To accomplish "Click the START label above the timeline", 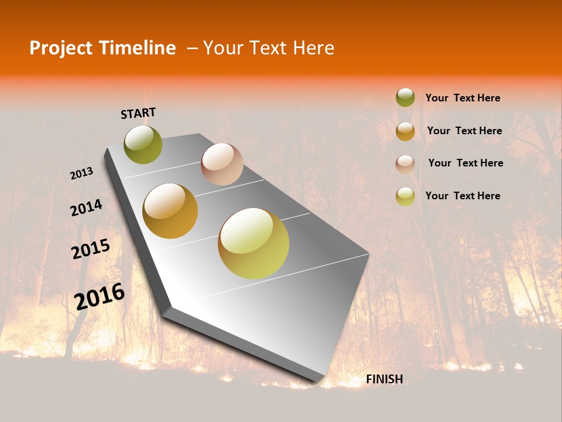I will [x=138, y=113].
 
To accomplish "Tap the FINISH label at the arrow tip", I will [x=385, y=379].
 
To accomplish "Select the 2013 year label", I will [x=81, y=173].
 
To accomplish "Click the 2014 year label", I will [x=86, y=207].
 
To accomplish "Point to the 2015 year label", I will [x=91, y=249].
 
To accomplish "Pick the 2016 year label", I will [x=100, y=296].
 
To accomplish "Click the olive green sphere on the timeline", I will [x=143, y=144].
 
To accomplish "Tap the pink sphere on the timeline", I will [x=222, y=164].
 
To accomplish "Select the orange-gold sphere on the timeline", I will [x=170, y=211].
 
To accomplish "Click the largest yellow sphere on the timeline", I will [x=253, y=243].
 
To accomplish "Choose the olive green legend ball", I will [x=405, y=97].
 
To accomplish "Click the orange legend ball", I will [x=405, y=131].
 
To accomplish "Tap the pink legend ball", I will [x=405, y=164].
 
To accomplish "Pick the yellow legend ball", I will [x=405, y=196].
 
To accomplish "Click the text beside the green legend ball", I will [x=462, y=98].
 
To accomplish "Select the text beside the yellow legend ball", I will [x=462, y=196].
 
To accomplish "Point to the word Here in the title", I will [x=313, y=48].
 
